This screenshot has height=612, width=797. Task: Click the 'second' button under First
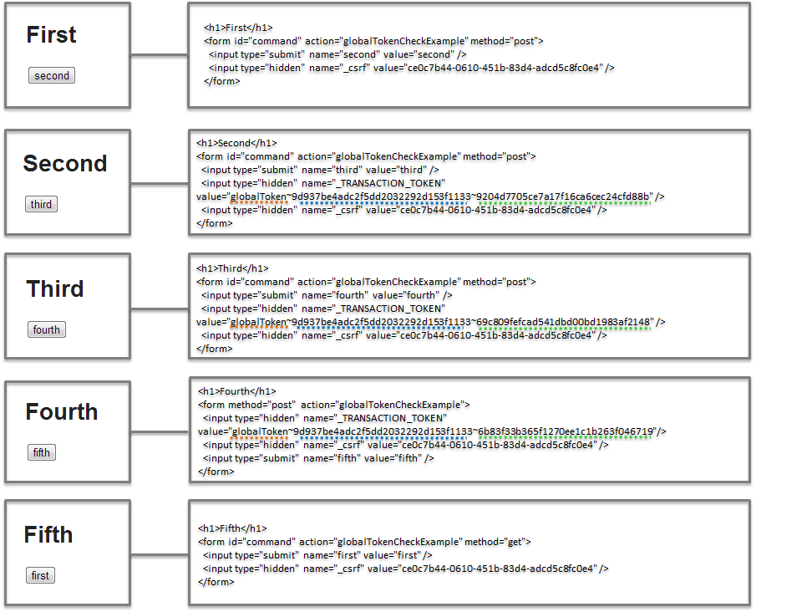(52, 76)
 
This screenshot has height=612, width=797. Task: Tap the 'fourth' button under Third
(46, 330)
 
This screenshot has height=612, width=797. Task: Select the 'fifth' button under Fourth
(42, 453)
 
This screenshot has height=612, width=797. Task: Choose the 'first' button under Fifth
(40, 576)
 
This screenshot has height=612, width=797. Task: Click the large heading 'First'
(51, 35)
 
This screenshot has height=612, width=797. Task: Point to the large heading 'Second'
(65, 164)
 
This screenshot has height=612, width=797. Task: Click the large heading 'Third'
(55, 289)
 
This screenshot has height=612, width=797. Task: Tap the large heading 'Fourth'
(62, 412)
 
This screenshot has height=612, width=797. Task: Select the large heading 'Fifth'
(48, 535)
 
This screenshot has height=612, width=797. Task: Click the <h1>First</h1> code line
(238, 28)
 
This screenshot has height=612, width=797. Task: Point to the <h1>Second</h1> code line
(236, 143)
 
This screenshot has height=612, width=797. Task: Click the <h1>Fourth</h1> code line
(236, 391)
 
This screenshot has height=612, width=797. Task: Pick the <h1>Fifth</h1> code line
(233, 528)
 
